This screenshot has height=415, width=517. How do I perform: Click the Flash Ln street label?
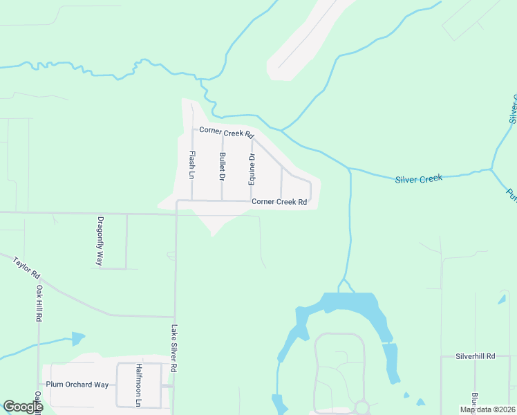coord(193,164)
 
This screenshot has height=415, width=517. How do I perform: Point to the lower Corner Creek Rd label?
coord(279,202)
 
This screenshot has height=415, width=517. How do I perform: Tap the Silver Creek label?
coord(418,179)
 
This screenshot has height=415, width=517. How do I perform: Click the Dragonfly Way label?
coord(100,241)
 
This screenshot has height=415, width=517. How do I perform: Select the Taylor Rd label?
coord(27,266)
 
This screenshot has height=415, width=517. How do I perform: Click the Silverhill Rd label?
coord(476,356)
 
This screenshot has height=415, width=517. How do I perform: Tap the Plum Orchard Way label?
coord(77,385)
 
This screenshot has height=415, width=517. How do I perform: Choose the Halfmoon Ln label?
coord(138,385)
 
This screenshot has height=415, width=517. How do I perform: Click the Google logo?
coord(22,407)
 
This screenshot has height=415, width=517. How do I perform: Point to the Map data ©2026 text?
coord(487,409)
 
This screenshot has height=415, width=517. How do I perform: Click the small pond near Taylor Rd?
coord(77,339)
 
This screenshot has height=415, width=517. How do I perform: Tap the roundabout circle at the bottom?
coord(361,407)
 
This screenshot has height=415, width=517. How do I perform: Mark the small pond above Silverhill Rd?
coord(502,299)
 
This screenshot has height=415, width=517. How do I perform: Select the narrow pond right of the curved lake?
coord(391,363)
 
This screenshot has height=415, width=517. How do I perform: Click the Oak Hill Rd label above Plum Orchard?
coord(39,303)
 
